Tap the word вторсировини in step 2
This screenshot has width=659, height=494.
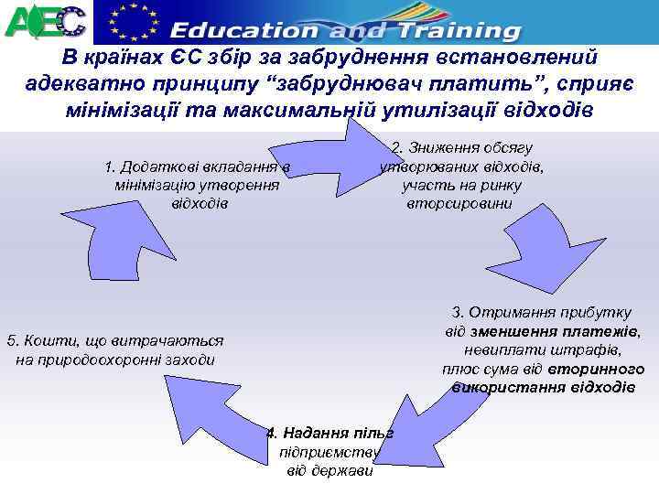tap(461, 202)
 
